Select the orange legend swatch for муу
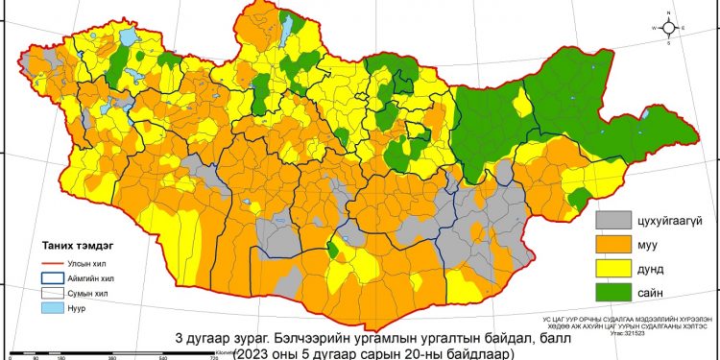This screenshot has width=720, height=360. (619, 247)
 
